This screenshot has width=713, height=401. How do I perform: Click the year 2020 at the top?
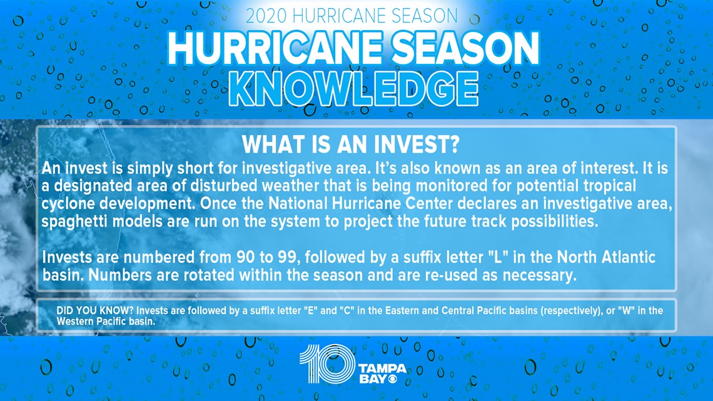tap(267, 16)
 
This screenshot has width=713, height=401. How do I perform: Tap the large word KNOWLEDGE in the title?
tap(353, 89)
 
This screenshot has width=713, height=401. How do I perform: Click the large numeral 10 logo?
tap(327, 363)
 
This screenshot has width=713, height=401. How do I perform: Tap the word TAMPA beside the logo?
tap(382, 368)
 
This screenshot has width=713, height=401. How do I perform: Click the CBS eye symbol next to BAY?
tap(392, 378)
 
